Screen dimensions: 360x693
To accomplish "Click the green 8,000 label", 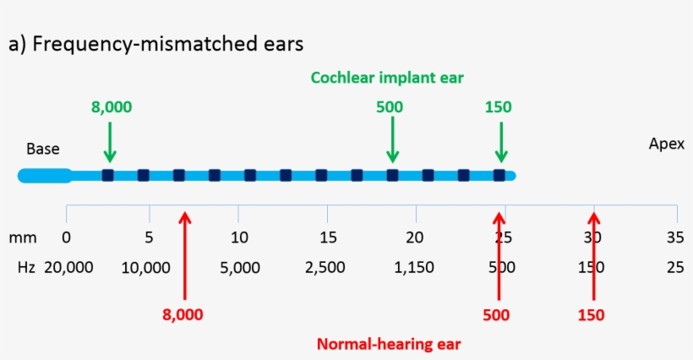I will click(x=112, y=107).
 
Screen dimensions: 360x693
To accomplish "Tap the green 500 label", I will click(x=390, y=107).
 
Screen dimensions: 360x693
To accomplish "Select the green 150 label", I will click(x=499, y=107).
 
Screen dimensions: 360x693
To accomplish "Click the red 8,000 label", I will click(x=183, y=314).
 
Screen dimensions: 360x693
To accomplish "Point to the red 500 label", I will click(x=496, y=314).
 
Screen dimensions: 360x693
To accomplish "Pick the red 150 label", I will click(x=591, y=314).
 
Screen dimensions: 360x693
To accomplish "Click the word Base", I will click(x=42, y=150).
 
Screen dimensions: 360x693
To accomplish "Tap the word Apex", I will click(x=666, y=144).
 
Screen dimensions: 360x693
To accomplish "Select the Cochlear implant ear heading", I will click(x=387, y=78).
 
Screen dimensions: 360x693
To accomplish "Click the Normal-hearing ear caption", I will click(x=389, y=344).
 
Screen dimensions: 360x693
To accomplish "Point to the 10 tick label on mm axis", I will click(x=239, y=237).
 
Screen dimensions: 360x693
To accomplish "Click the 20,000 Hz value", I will click(x=68, y=268).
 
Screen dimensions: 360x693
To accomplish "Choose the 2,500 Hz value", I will click(x=325, y=268).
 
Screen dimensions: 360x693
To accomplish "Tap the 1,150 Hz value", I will click(x=413, y=268).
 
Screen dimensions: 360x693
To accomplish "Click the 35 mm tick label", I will click(x=674, y=237).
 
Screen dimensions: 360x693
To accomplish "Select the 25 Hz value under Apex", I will click(x=674, y=268).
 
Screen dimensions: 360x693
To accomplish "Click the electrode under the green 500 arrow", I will click(x=392, y=175).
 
